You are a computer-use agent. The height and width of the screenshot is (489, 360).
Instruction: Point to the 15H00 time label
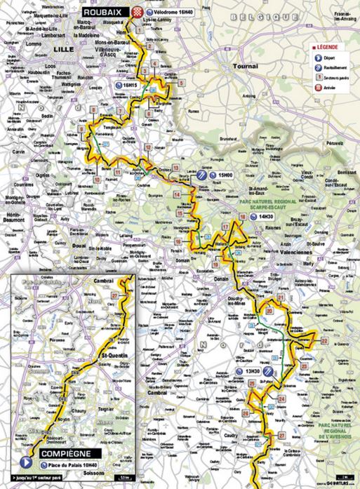225,175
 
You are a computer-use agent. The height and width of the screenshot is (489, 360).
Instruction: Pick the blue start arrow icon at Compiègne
27,462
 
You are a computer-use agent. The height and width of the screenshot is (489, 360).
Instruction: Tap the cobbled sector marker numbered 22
324,340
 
